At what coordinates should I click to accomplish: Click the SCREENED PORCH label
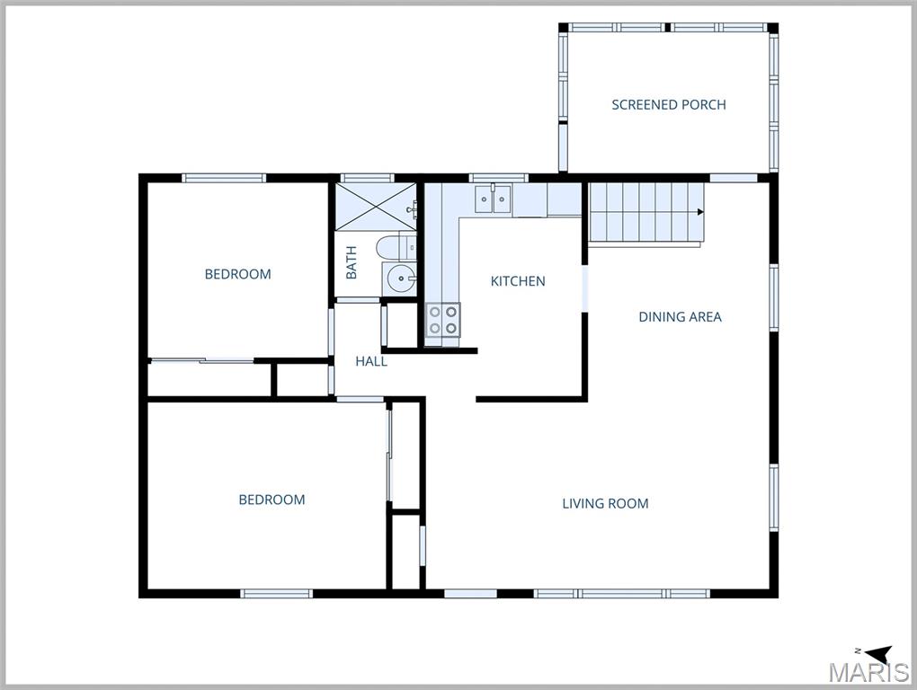point(668,104)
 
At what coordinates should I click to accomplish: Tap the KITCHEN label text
point(518,281)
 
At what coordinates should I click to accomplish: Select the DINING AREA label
point(680,316)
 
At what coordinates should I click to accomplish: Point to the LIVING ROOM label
point(605,503)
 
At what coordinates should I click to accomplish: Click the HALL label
point(371,361)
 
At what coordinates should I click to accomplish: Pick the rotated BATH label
point(352,261)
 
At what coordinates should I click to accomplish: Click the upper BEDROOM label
point(237,274)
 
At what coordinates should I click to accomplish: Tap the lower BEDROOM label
point(272,500)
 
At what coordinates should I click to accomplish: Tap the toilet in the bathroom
point(393,246)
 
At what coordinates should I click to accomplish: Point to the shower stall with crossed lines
point(376,206)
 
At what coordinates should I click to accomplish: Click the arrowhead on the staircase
point(699,212)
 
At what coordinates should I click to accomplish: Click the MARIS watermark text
point(868,673)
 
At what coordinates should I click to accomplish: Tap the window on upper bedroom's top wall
point(225,178)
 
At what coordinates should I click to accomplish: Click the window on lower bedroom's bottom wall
point(277,593)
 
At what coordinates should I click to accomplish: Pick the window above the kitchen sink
point(485,178)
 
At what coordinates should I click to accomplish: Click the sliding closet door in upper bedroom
point(202,361)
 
